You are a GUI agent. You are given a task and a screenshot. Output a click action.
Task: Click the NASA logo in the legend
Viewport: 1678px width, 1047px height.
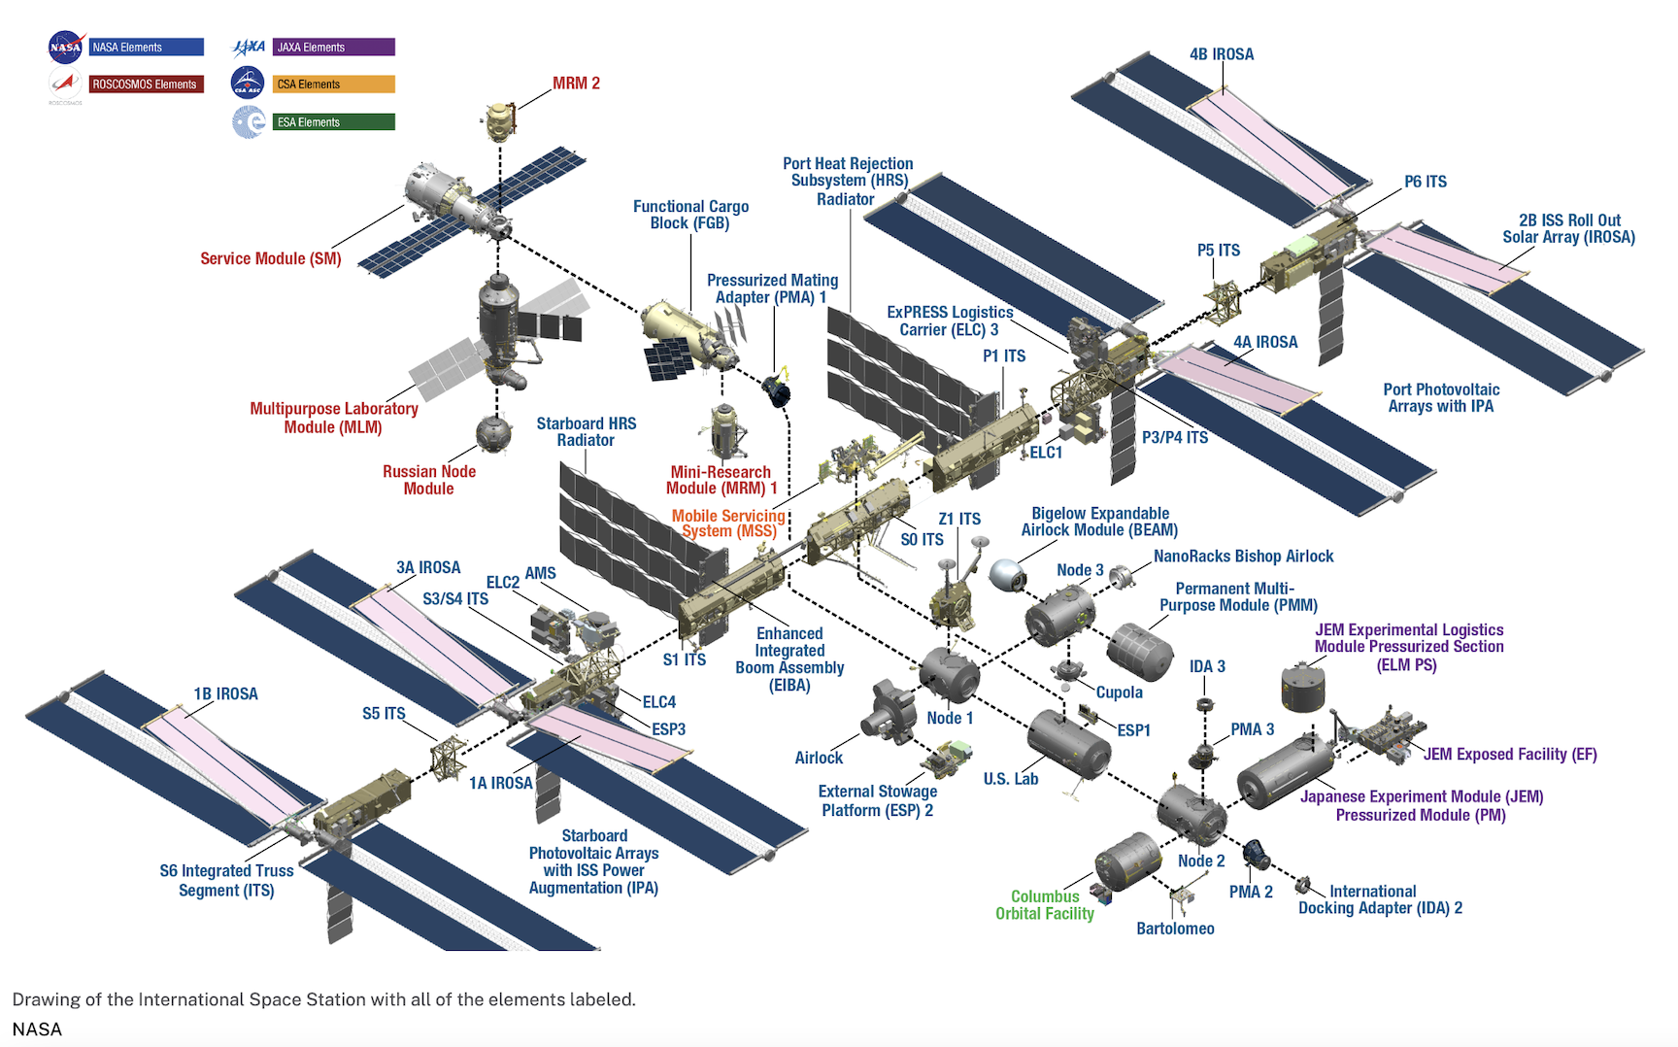(65, 47)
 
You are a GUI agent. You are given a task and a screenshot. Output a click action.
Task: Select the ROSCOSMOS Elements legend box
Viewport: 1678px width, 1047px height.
(147, 84)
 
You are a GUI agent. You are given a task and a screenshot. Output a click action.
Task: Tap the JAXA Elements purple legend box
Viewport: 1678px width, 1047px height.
(333, 47)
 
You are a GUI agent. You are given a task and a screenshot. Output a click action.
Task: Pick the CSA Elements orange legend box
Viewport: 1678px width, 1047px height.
(333, 84)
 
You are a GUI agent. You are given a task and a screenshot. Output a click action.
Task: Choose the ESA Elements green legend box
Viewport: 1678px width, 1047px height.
(333, 122)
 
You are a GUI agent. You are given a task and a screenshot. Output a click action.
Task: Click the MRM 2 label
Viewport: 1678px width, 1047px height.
(576, 84)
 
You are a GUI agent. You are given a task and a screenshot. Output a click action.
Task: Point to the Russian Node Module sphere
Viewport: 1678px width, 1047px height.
(493, 434)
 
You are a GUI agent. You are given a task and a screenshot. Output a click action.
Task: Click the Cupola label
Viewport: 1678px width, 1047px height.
(1119, 692)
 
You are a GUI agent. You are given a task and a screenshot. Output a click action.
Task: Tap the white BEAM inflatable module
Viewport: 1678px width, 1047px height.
(1007, 574)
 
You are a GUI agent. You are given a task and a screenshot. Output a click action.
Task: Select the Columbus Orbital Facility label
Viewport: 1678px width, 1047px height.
(1045, 905)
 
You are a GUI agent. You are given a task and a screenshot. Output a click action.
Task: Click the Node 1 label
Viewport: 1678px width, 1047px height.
(949, 718)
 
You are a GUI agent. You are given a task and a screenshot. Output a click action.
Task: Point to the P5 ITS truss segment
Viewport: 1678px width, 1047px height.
(1223, 301)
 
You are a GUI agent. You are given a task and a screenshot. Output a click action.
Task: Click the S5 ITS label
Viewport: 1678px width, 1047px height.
(384, 714)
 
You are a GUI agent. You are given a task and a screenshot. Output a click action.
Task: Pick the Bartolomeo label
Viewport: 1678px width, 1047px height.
(1175, 929)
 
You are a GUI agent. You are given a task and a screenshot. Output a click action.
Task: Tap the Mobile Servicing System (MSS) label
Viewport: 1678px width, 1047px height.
(728, 523)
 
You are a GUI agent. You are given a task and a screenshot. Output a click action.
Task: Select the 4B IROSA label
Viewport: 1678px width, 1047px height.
(1221, 54)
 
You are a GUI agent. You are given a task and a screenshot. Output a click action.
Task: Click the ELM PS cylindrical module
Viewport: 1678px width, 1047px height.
(1302, 688)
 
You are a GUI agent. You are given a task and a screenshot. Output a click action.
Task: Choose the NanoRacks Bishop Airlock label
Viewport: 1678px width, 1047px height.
(1243, 557)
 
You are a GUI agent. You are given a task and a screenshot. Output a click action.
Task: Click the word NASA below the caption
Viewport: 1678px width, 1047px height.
(37, 1030)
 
